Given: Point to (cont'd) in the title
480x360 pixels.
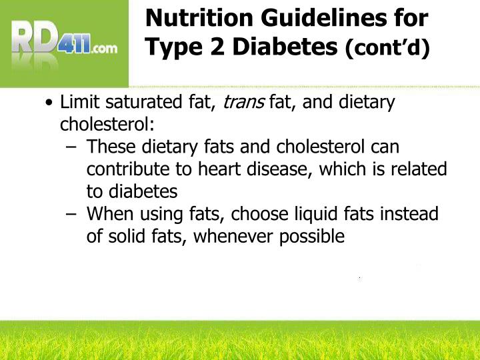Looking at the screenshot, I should pos(387,49).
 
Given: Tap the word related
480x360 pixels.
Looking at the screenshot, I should pos(418,169).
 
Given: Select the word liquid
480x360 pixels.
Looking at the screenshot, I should pos(317,215).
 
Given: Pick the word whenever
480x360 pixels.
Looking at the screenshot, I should pos(241,237).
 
